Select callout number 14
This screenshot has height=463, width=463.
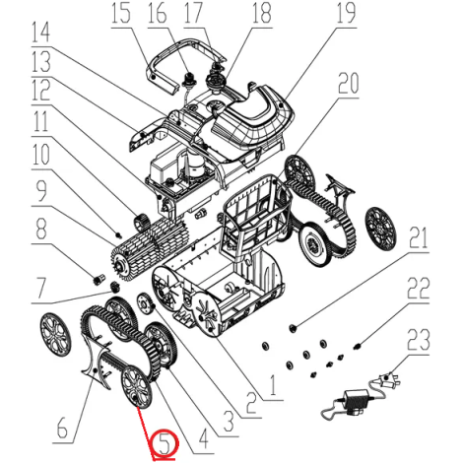point(40,32)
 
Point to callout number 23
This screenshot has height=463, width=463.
point(418,340)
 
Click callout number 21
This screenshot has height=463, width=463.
point(418,238)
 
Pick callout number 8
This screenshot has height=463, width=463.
point(40,229)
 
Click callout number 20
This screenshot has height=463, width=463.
point(349,83)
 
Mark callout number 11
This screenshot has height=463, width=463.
point(40,120)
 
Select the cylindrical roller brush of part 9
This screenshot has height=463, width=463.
point(150,247)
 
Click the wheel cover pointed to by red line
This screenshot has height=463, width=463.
point(137,386)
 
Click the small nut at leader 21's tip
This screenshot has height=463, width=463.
point(292,327)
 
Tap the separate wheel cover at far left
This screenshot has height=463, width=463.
point(55,334)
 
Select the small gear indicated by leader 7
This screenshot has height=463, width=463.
point(114,287)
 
